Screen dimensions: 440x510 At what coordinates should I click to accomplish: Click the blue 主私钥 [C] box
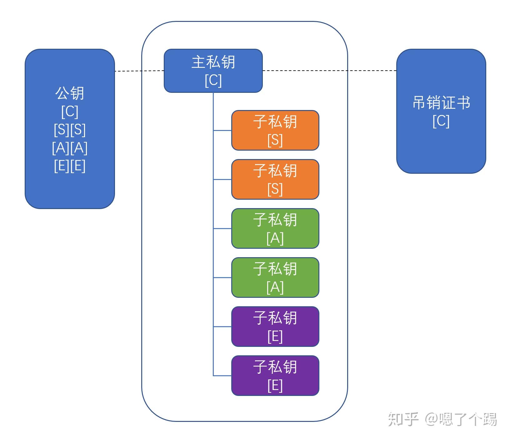pyautogui.click(x=213, y=71)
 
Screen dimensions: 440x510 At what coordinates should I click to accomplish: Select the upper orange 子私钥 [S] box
pyautogui.click(x=275, y=130)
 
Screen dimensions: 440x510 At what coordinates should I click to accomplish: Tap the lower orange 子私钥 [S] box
pyautogui.click(x=275, y=179)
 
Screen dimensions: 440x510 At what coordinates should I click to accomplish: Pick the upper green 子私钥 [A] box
pyautogui.click(x=275, y=228)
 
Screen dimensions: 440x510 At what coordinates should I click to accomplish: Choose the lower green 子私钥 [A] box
pyautogui.click(x=275, y=277)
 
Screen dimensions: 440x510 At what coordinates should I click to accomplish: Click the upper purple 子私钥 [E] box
pyautogui.click(x=275, y=327)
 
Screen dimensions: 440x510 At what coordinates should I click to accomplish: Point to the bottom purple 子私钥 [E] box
pyautogui.click(x=275, y=376)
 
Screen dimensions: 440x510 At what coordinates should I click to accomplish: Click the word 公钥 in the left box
pyautogui.click(x=70, y=93)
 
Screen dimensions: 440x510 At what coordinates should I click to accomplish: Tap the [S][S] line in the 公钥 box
pyautogui.click(x=70, y=129)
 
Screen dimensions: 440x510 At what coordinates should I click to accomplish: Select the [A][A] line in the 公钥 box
pyautogui.click(x=70, y=148)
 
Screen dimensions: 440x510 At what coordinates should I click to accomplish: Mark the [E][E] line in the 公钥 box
pyautogui.click(x=70, y=166)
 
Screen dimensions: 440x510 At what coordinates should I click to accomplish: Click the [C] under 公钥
pyautogui.click(x=70, y=111)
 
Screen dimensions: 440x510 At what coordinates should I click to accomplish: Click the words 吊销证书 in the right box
pyautogui.click(x=441, y=102)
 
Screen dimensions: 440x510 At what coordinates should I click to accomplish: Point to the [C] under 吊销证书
pyautogui.click(x=441, y=121)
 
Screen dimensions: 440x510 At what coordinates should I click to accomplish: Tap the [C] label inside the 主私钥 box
pyautogui.click(x=213, y=80)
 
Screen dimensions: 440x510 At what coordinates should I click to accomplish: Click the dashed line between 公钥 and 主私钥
pyautogui.click(x=139, y=71)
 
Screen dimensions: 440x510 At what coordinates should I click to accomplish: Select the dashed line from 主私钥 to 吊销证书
pyautogui.click(x=328, y=71)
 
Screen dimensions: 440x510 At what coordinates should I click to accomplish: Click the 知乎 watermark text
pyautogui.click(x=403, y=419)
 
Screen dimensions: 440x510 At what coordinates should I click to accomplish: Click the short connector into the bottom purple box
pyautogui.click(x=222, y=376)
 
